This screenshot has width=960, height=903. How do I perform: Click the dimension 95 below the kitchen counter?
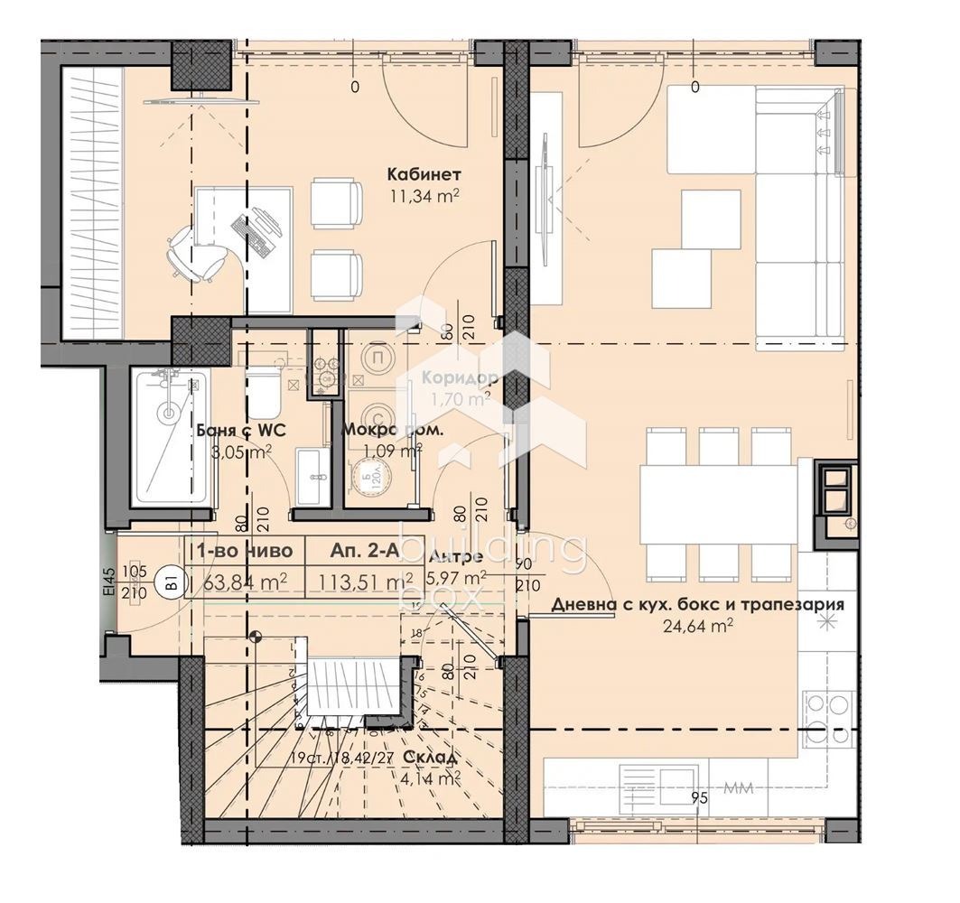coord(697,797)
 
